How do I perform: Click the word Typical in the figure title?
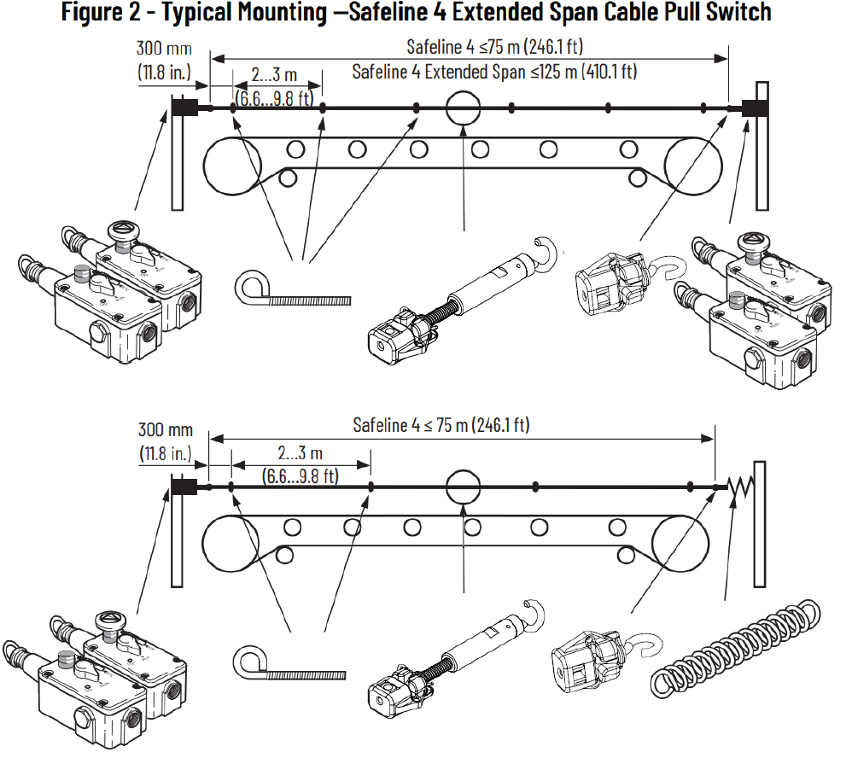point(211,13)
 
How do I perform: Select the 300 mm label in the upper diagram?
point(165,49)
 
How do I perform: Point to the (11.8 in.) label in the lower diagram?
point(166,453)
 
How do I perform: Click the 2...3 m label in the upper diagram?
point(266,77)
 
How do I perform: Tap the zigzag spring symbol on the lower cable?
point(739,488)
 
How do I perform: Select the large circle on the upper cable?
point(464,108)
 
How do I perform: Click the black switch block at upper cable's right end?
point(755,108)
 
